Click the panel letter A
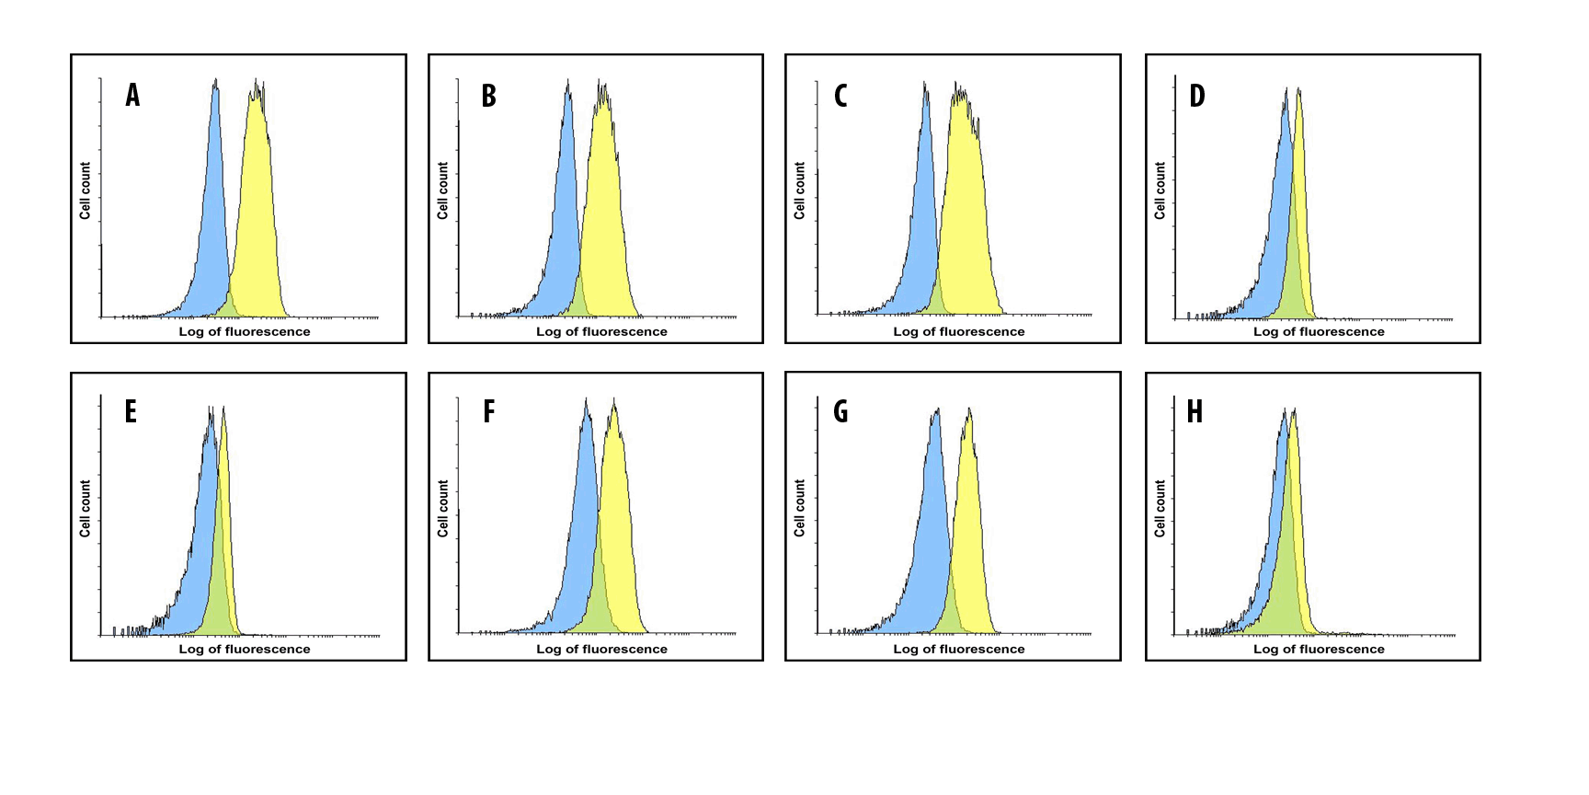133,95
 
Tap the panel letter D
1196,95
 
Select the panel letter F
489,411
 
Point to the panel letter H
1195,411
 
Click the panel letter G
840,411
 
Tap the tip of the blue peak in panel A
215,80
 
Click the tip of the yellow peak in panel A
257,81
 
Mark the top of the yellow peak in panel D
1298,89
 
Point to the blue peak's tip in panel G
936,410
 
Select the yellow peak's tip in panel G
968,409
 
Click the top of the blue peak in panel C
925,84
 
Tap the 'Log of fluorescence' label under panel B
601,331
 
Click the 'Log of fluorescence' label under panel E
245,649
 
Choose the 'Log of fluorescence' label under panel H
1319,649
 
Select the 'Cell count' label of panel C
799,190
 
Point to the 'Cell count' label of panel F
443,508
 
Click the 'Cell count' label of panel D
1160,190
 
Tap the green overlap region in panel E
219,598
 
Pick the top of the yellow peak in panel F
614,401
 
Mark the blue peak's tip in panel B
568,81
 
